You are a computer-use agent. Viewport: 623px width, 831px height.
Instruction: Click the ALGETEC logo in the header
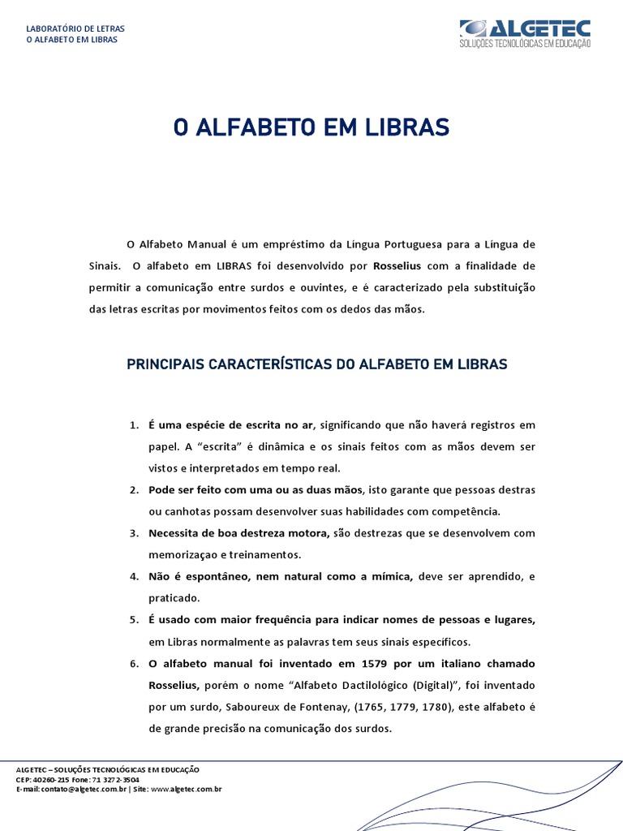tap(525, 32)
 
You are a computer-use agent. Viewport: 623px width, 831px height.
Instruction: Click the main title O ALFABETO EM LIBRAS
tap(311, 127)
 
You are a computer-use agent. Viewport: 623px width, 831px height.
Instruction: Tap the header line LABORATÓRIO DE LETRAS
tap(75, 28)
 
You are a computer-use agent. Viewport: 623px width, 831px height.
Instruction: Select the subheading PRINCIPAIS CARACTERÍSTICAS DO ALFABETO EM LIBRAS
tap(317, 364)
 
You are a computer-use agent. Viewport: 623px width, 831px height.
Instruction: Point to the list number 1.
tap(134, 425)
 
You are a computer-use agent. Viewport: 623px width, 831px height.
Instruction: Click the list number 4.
tap(134, 576)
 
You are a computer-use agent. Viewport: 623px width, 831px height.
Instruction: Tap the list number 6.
tap(134, 664)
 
